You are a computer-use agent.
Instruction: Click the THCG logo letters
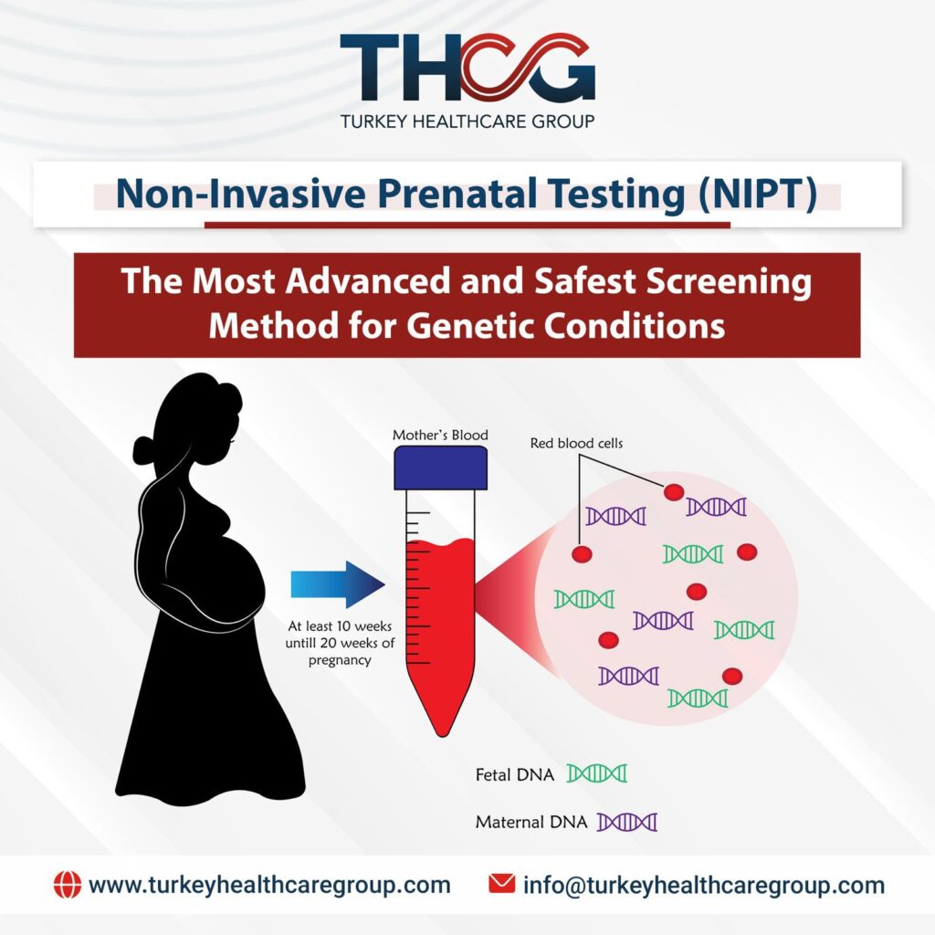click(x=467, y=68)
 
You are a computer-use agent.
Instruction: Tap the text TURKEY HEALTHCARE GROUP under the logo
click(x=467, y=121)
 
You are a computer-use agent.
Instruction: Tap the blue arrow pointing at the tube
click(x=337, y=585)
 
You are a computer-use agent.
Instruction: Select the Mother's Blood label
click(x=440, y=436)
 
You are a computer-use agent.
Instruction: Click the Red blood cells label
click(x=577, y=444)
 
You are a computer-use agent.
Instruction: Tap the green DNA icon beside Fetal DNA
click(x=597, y=774)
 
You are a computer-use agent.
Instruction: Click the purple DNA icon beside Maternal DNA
click(x=627, y=822)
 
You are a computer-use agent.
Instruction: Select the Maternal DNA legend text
click(x=530, y=822)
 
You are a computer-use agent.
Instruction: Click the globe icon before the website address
click(x=68, y=884)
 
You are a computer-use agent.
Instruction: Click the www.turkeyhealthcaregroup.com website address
click(x=269, y=884)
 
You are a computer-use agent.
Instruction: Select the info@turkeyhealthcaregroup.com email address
click(x=703, y=884)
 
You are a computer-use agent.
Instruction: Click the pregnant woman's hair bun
click(x=145, y=449)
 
